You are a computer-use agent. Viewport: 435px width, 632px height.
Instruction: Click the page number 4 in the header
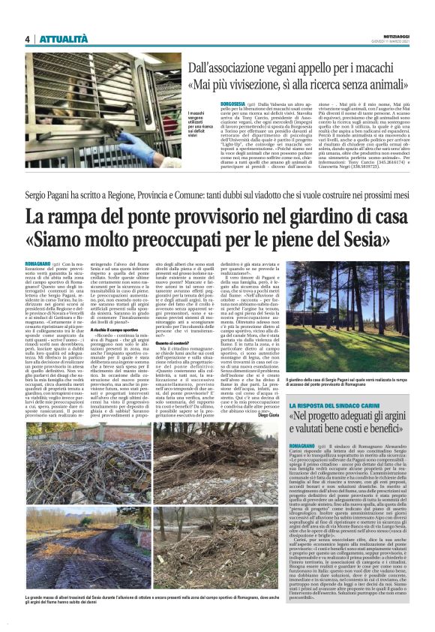[x=27, y=39]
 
